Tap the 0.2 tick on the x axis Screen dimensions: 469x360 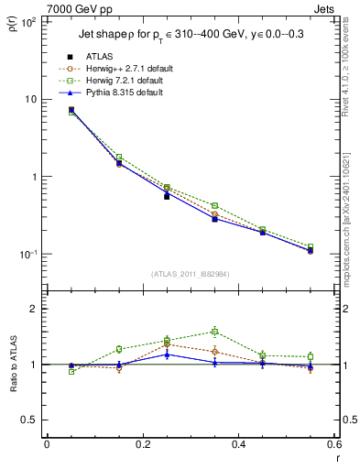142,444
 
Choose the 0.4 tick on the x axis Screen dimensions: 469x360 238,444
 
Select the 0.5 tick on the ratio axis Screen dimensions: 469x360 28,420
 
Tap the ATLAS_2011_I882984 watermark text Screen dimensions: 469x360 190,273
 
